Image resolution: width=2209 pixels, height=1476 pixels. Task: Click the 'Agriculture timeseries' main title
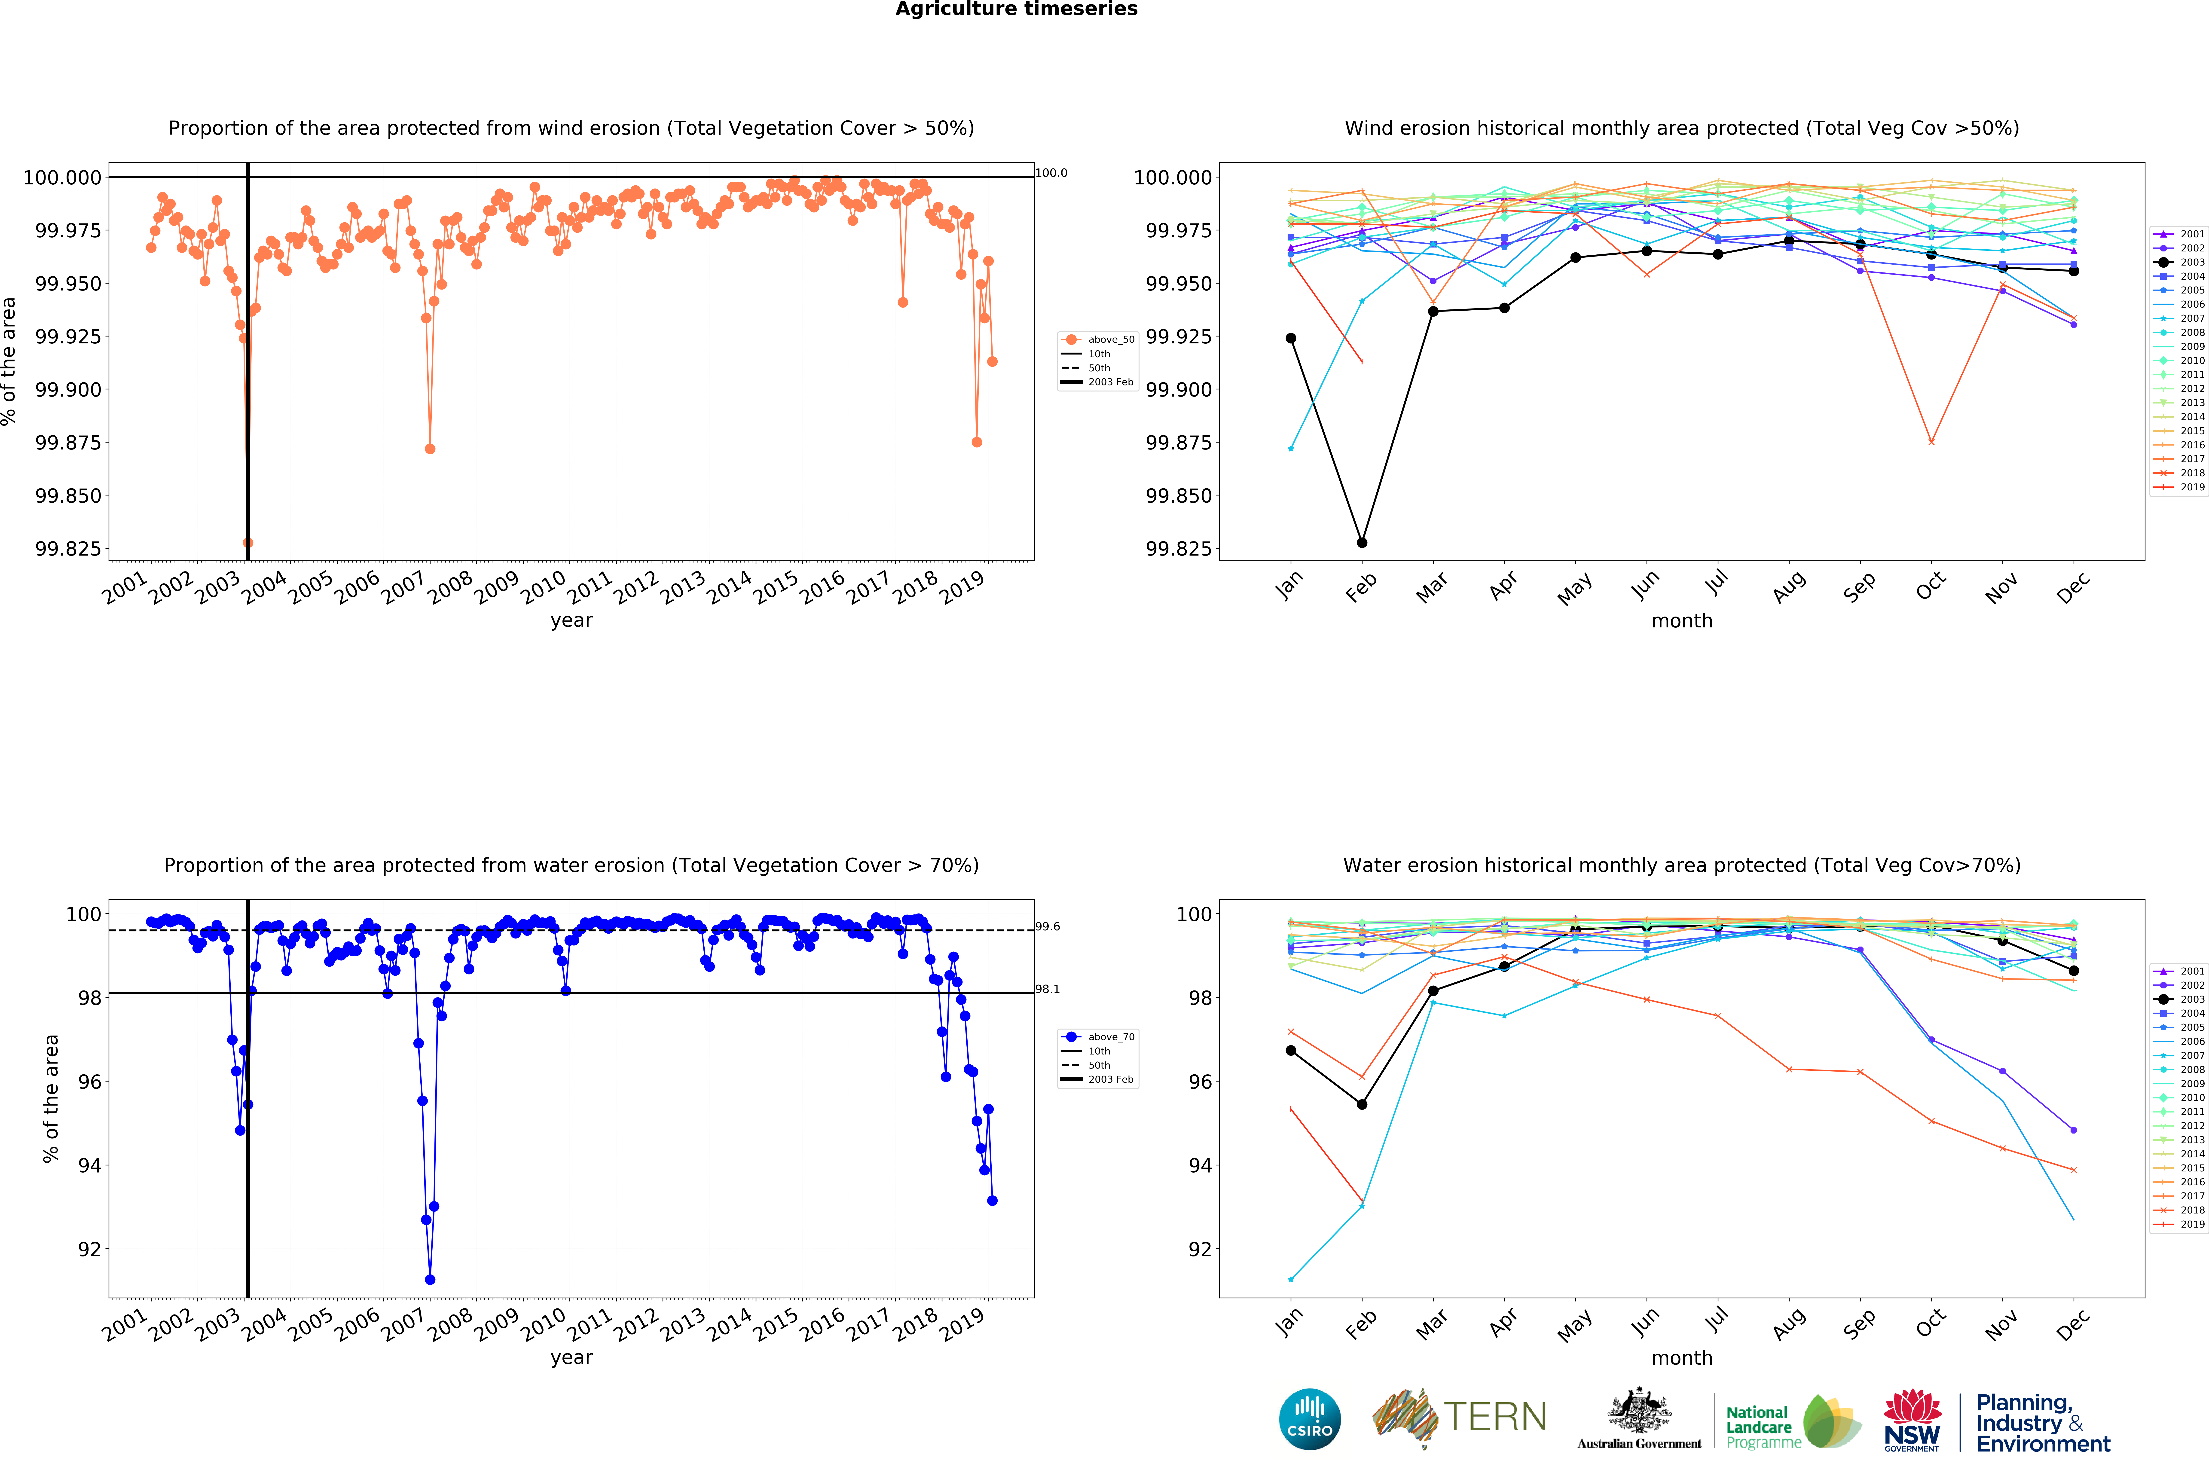tap(1016, 9)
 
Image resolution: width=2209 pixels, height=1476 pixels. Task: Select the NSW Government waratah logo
tap(1912, 1420)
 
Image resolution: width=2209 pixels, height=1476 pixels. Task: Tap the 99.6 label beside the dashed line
tap(1048, 926)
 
